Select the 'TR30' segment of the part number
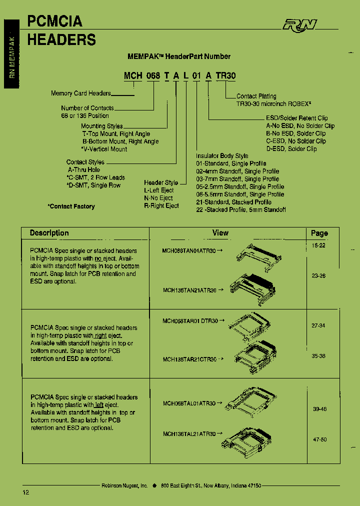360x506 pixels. [227, 76]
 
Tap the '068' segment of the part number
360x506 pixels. [153, 76]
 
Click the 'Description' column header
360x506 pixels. [49, 233]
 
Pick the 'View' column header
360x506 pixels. [220, 233]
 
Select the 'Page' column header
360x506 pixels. [319, 233]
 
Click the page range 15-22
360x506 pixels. [318, 246]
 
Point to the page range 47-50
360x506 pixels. [319, 439]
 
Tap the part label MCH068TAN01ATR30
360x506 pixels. [189, 251]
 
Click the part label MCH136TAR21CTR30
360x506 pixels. [189, 359]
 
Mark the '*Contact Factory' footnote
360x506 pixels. [71, 206]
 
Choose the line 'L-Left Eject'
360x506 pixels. [159, 190]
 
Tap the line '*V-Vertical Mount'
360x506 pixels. [104, 149]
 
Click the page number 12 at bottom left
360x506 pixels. [26, 492]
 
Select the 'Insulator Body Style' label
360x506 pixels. [222, 156]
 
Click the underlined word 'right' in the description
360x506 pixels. [101, 336]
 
